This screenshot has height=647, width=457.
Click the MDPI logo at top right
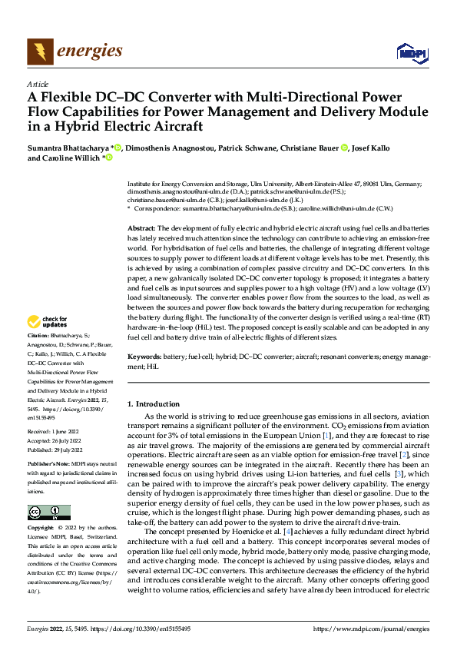pos(411,52)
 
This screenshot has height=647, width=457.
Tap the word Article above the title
pos(38,84)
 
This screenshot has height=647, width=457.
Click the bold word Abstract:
pos(141,229)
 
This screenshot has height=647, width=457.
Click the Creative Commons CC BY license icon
pos(49,513)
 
